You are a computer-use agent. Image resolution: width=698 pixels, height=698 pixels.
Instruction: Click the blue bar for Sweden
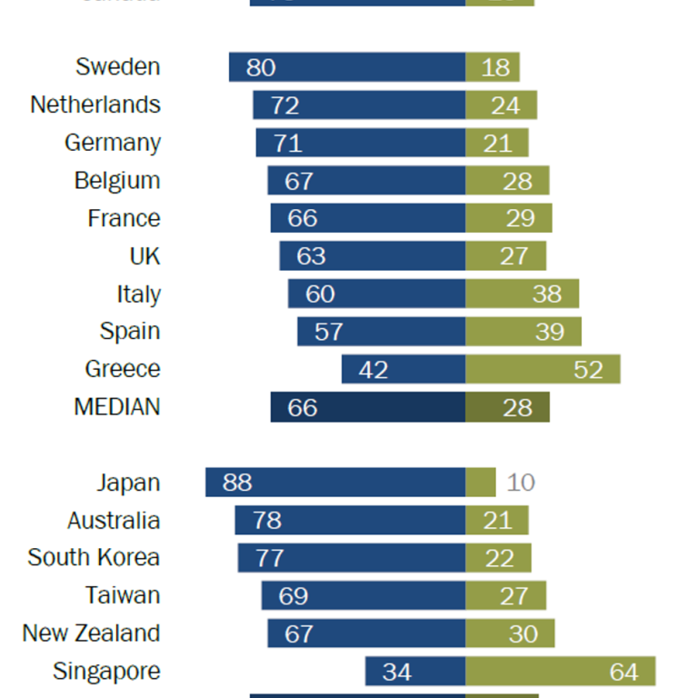point(347,67)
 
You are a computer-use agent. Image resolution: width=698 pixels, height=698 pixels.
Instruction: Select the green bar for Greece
point(543,370)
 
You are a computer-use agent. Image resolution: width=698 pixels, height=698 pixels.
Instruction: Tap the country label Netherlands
point(95,105)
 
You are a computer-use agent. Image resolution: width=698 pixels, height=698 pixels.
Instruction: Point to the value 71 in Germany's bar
point(287,143)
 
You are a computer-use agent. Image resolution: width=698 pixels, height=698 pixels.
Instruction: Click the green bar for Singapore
point(560,672)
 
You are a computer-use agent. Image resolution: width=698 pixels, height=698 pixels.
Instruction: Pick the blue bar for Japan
point(335,483)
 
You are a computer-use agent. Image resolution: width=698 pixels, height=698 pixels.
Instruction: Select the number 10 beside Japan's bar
point(521,483)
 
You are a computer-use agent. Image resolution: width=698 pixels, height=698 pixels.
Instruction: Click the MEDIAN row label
point(117,407)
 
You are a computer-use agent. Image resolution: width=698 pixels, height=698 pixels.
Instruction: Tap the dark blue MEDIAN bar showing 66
point(368,407)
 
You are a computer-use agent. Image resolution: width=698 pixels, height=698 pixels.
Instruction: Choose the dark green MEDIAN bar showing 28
point(507,407)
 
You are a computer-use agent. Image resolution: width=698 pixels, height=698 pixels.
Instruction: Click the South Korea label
point(94,558)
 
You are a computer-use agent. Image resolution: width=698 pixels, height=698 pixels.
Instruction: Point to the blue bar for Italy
point(377,294)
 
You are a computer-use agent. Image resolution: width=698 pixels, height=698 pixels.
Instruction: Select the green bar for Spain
point(523,332)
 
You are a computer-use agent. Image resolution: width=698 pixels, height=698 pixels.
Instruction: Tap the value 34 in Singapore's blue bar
point(397,673)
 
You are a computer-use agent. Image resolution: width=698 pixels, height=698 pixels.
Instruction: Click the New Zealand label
point(91,633)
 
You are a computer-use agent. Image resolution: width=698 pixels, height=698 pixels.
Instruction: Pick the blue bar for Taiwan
point(364,596)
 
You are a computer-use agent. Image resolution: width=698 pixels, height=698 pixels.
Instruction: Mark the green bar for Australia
point(497,521)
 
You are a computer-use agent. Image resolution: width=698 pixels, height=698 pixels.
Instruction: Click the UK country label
point(145,256)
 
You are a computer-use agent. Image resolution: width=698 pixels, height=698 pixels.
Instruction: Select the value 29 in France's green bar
point(520,219)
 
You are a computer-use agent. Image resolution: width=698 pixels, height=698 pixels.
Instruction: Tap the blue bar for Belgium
point(366,181)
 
